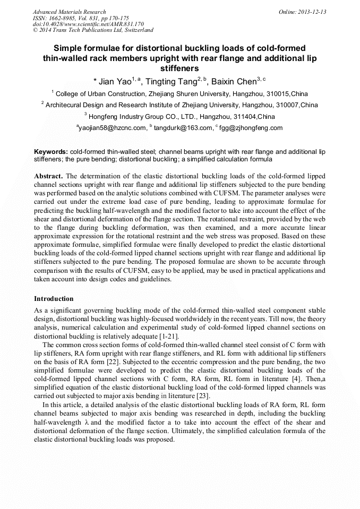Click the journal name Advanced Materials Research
69,12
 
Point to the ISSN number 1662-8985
67,18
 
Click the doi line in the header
88,24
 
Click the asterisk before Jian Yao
95,82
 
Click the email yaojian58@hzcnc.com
112,128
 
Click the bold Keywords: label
51,151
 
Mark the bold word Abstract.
48,176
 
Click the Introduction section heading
54,299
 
